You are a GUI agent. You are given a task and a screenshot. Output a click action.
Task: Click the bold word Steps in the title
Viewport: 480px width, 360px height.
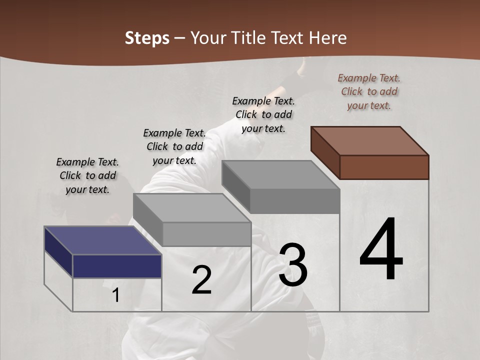tap(146, 38)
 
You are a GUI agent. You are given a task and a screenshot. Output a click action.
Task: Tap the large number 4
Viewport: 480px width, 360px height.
tap(381, 250)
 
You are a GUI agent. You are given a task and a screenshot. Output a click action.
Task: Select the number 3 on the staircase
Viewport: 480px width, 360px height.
tap(293, 265)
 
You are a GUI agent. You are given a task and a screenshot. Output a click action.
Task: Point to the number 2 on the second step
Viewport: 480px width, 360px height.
tap(201, 280)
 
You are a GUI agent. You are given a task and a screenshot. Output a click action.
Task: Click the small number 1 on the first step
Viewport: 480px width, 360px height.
tap(115, 295)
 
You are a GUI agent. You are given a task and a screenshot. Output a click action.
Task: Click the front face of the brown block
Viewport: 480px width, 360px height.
tap(384, 167)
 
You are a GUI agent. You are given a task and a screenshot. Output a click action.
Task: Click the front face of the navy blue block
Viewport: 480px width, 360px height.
tap(117, 266)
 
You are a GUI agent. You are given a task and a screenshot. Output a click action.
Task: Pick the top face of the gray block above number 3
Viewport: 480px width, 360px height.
tap(280, 175)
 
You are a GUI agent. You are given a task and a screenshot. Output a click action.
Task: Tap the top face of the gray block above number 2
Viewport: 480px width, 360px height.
tap(192, 208)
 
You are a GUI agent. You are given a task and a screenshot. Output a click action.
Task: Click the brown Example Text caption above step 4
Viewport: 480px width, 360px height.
tap(369, 91)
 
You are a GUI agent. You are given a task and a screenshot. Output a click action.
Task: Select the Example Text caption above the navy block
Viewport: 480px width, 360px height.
tap(87, 175)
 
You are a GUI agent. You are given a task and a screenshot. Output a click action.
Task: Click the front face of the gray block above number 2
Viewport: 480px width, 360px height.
tap(206, 234)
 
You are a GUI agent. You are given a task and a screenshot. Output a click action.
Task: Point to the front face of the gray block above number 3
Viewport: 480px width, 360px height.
tap(295, 201)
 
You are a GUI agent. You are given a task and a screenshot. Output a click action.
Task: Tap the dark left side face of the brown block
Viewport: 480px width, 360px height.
tap(325, 153)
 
